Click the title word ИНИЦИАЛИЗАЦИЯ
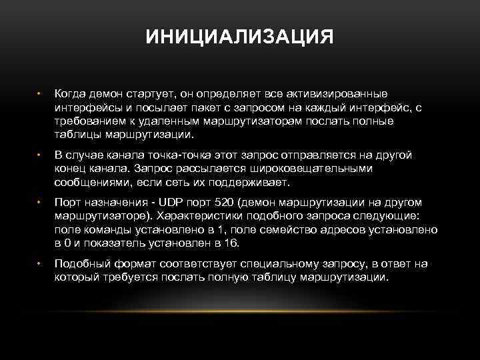click(240, 36)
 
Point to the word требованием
click(88, 121)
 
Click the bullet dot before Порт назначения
click(39, 203)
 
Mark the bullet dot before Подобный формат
click(39, 264)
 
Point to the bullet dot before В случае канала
click(39, 155)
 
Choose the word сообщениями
click(88, 182)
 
